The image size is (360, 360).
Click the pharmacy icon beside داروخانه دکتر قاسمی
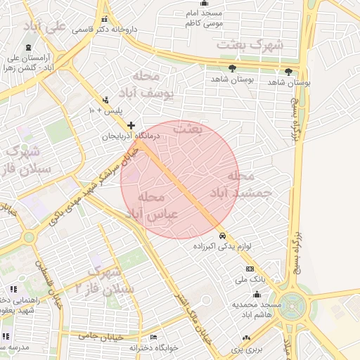[x=105, y=20]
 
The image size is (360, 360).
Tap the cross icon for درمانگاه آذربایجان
[x=130, y=125]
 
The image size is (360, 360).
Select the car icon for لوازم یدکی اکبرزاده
[x=223, y=236]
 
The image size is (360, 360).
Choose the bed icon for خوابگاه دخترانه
[x=154, y=337]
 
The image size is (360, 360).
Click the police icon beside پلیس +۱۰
[x=105, y=100]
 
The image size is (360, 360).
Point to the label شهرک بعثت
[x=251, y=44]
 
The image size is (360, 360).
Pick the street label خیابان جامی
[x=101, y=337]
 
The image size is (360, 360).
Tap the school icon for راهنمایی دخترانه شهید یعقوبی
[x=13, y=289]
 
